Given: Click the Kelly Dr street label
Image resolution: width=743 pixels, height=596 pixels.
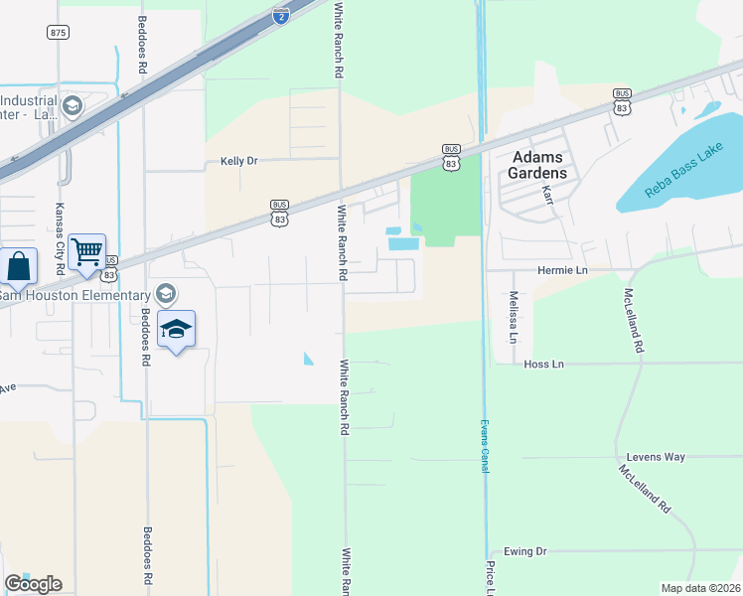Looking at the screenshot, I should point(238,161).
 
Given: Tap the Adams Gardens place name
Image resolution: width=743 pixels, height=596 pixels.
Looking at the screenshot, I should point(539,165).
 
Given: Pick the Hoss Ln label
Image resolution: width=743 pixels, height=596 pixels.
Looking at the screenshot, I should point(543,365).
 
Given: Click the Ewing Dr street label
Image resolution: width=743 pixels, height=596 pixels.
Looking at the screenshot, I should point(525,551).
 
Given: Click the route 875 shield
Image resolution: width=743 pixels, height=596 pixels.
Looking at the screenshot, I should point(58,33).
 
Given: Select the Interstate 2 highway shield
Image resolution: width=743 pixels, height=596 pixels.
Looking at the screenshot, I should point(281,14).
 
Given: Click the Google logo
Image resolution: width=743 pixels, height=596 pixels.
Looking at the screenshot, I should point(33,584).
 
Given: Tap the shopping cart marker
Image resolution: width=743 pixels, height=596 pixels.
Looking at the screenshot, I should point(87,252).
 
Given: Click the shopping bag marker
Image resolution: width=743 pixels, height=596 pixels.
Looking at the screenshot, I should point(19,267).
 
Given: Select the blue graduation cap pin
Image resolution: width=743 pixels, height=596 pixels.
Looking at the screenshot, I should point(176,330).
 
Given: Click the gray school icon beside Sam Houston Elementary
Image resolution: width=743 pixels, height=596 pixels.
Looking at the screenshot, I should point(165,293).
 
